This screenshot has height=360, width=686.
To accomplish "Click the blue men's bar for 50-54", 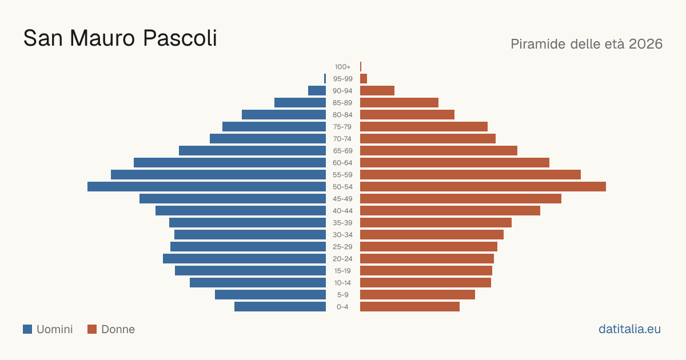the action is [x=207, y=187].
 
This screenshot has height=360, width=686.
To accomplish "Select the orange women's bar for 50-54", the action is [x=483, y=187].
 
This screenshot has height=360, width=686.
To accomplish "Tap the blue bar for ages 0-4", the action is [x=280, y=307].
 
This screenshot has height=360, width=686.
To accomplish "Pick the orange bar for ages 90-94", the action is [x=377, y=91].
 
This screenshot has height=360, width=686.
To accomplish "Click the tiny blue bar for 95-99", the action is [x=325, y=79].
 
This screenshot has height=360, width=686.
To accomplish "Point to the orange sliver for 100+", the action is [x=361, y=67].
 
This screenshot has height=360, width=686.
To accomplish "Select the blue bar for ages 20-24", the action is [x=245, y=259].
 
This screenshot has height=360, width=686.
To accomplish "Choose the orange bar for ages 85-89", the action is [x=400, y=102].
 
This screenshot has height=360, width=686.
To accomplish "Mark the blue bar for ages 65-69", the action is [x=252, y=151].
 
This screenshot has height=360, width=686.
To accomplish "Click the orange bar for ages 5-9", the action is [x=417, y=295].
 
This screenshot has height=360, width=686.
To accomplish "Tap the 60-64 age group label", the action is [x=342, y=163].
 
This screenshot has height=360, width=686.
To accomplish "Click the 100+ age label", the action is [x=342, y=67].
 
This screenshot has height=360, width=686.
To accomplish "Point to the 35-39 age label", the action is [x=342, y=223].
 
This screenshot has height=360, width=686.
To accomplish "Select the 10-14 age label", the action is [x=342, y=283].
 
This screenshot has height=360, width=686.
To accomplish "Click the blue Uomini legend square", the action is [x=27, y=329].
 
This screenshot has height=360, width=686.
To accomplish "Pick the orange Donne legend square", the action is [x=92, y=329].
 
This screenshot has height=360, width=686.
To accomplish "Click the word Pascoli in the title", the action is [x=180, y=38].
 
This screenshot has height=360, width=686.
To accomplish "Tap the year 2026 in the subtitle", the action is [x=645, y=44].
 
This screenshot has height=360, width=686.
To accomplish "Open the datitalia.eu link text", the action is [x=629, y=329].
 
